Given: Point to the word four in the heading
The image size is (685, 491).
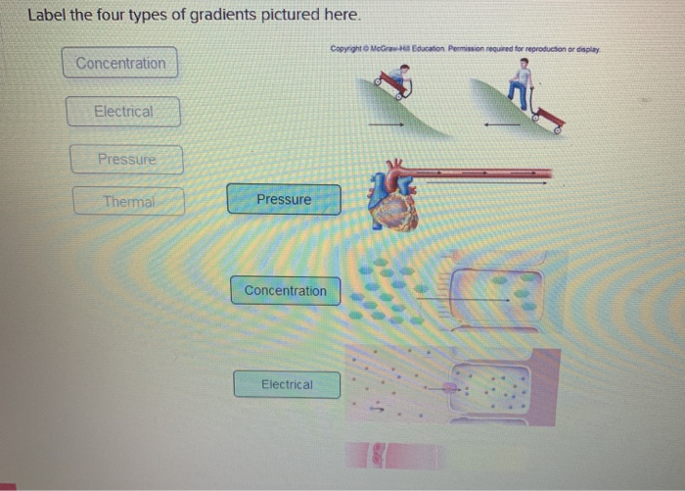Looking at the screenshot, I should (x=113, y=16).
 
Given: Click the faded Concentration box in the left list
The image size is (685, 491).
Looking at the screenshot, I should (x=120, y=64).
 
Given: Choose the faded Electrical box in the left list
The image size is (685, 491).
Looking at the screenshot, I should (x=123, y=112).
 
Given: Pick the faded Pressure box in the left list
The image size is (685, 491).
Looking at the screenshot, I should (x=126, y=159).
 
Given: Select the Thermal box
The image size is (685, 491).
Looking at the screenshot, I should (x=128, y=202).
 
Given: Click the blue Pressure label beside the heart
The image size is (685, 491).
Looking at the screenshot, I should (x=284, y=200).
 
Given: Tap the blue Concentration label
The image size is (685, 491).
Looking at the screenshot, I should (x=286, y=291).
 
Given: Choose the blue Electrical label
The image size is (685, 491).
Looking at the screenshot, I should (x=287, y=385).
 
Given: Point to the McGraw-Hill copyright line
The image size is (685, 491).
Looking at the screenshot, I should (x=464, y=48).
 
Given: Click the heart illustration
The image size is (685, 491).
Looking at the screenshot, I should (x=391, y=199).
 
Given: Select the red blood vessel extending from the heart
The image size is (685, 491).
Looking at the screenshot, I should (x=479, y=174).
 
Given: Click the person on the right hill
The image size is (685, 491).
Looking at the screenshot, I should (x=525, y=83).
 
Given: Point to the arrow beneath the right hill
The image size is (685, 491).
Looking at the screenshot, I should (x=501, y=124).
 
